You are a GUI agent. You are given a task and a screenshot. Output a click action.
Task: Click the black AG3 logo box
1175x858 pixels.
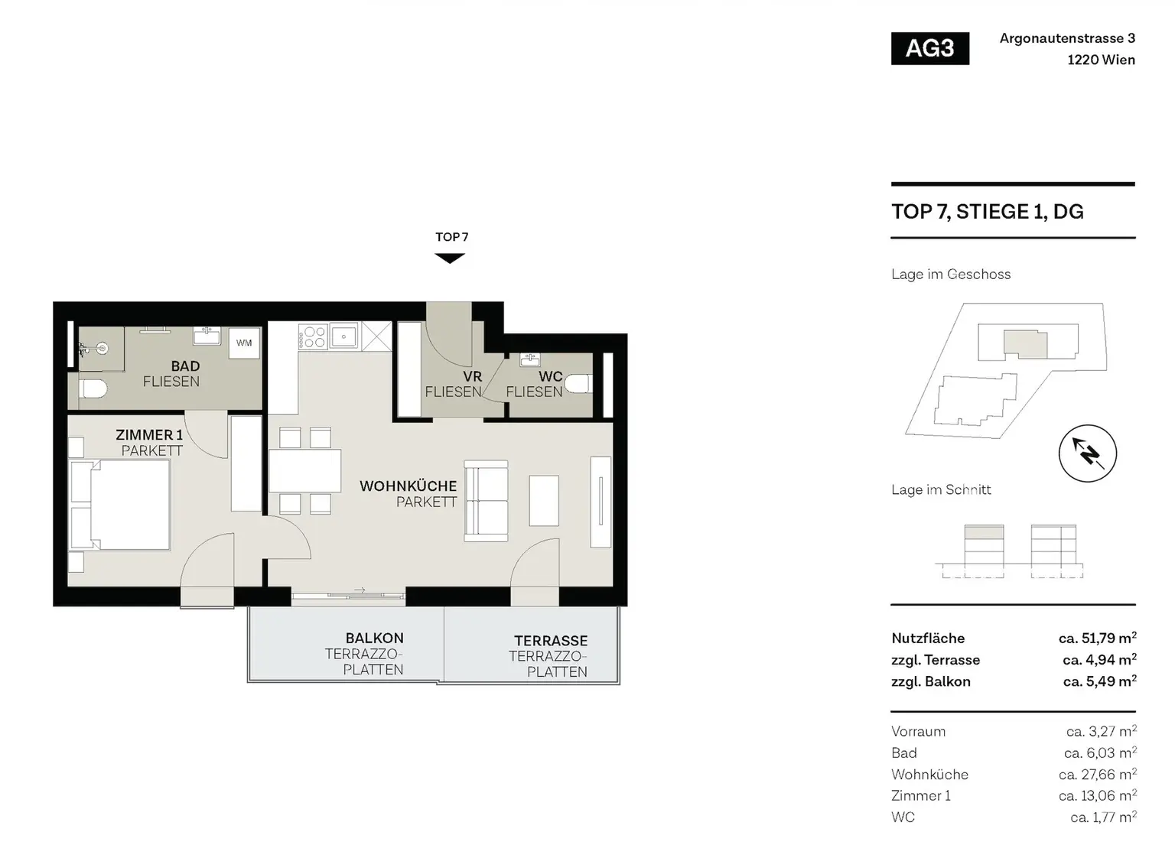pos(930,48)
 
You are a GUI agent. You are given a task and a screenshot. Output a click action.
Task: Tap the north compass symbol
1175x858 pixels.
pos(1087,453)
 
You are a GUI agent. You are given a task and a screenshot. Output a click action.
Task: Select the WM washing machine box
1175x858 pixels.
pos(244,343)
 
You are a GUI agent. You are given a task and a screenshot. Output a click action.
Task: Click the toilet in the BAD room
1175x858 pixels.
pos(93,389)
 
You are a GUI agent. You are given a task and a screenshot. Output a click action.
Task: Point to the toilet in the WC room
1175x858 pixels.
pos(578,383)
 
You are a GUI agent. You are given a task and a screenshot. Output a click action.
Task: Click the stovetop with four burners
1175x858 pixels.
pos(313,336)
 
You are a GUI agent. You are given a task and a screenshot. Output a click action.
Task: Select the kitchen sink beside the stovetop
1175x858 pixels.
pos(343,336)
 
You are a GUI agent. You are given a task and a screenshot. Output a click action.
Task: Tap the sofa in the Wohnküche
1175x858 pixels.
pos(486,501)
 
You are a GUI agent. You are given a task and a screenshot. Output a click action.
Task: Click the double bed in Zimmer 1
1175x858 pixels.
pos(120,505)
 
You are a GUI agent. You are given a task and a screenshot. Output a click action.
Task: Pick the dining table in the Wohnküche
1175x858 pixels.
pos(304,470)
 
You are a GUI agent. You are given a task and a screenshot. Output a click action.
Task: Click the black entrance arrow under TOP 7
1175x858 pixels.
pos(450,258)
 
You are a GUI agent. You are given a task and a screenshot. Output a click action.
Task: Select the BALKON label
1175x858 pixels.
pos(375,639)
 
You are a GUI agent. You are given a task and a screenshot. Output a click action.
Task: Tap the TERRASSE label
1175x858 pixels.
pos(551,641)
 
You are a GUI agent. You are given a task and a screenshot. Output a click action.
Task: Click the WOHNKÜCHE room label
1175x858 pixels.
pos(408,486)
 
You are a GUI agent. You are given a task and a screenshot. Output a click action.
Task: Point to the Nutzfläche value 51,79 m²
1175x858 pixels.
pos(1098,638)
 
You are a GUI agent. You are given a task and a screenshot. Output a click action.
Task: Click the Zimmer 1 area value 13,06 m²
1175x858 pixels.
pos(1098,795)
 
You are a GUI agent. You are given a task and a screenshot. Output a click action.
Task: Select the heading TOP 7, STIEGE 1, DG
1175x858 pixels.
pos(988,212)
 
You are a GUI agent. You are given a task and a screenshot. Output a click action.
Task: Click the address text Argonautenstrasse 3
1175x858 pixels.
pos(1067,38)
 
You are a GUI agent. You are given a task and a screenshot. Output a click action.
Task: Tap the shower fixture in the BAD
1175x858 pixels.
pos(94,348)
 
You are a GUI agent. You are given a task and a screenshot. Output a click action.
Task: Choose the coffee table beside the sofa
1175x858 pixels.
pos(543,500)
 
